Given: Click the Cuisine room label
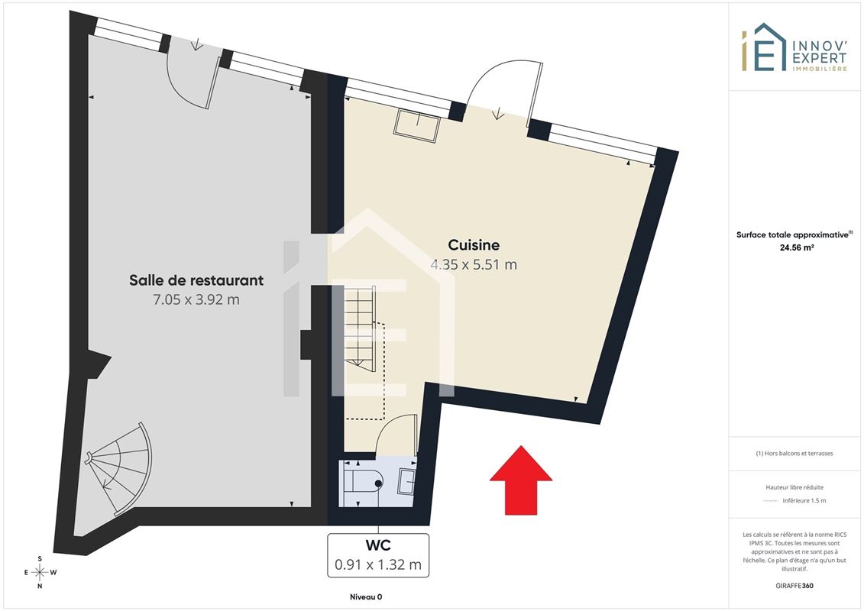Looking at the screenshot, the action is pyautogui.click(x=474, y=244).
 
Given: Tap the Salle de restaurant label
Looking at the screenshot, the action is pyautogui.click(x=196, y=280).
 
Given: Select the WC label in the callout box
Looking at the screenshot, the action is pyautogui.click(x=378, y=545).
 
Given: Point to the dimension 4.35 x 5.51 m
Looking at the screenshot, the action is pyautogui.click(x=474, y=264).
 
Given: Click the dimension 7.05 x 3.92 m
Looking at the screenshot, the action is pyautogui.click(x=196, y=299).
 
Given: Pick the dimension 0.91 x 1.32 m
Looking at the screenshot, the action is pyautogui.click(x=378, y=564).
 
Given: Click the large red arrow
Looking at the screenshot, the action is pyautogui.click(x=521, y=480).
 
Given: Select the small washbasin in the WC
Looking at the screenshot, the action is pyautogui.click(x=407, y=480).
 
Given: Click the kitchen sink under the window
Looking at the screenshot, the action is pyautogui.click(x=416, y=125).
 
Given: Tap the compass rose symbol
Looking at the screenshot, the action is pyautogui.click(x=40, y=573).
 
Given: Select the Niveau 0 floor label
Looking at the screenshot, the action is pyautogui.click(x=366, y=596).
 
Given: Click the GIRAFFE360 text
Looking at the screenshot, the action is pyautogui.click(x=794, y=586).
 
